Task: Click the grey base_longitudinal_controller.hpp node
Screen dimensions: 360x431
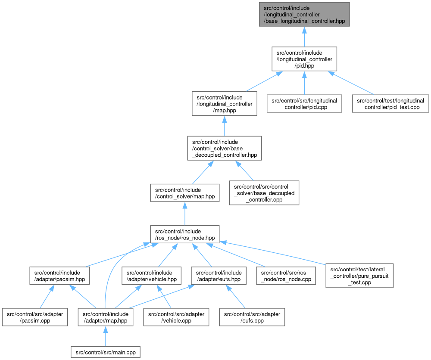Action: point(304,14)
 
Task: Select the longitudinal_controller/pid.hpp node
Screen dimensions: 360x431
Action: point(304,59)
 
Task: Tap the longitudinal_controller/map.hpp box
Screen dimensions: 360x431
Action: point(224,104)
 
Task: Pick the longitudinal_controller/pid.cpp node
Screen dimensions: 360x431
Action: point(304,104)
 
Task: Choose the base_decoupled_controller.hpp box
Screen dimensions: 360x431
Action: point(224,148)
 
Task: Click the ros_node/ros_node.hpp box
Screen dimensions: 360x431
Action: point(184,234)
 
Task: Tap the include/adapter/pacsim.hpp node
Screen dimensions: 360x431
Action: point(59,276)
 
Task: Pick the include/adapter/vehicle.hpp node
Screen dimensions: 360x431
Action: point(149,276)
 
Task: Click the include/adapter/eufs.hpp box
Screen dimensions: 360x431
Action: point(219,276)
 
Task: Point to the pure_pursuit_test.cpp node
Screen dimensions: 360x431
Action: point(359,276)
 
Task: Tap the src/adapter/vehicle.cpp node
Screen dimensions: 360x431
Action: point(176,317)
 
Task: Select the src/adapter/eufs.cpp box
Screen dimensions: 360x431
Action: point(252,317)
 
